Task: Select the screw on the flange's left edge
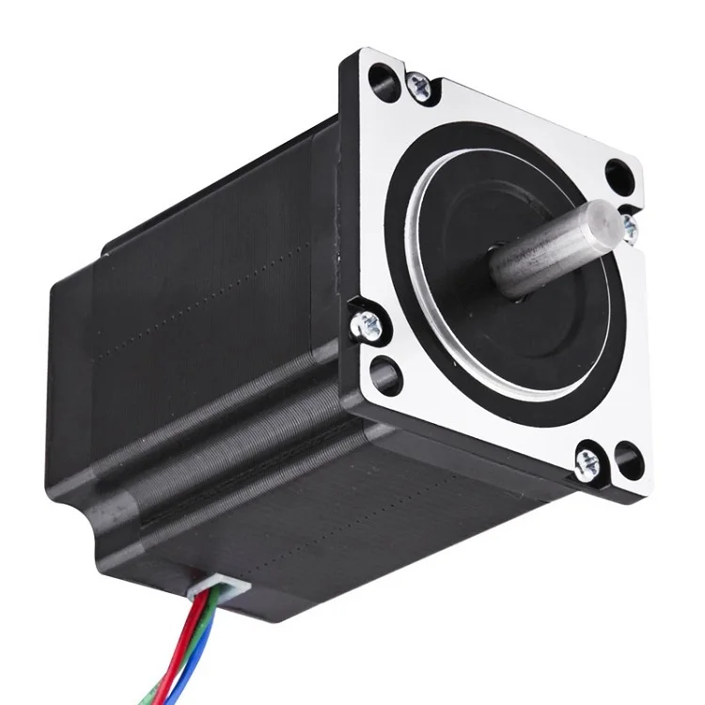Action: coord(367,325)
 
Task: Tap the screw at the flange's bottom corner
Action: coord(587,461)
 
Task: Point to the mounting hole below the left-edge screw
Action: coord(386,375)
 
